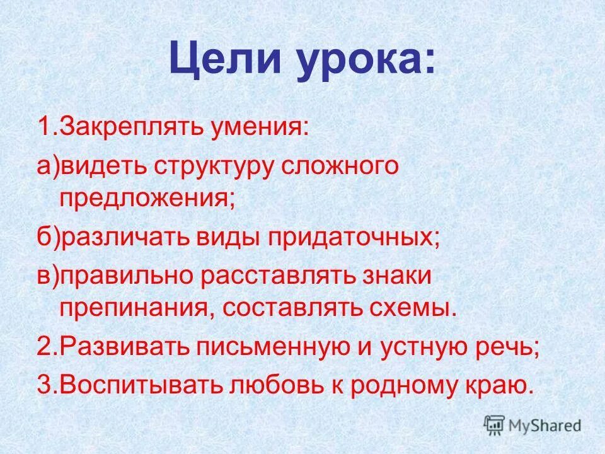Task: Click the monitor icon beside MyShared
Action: [495, 424]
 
